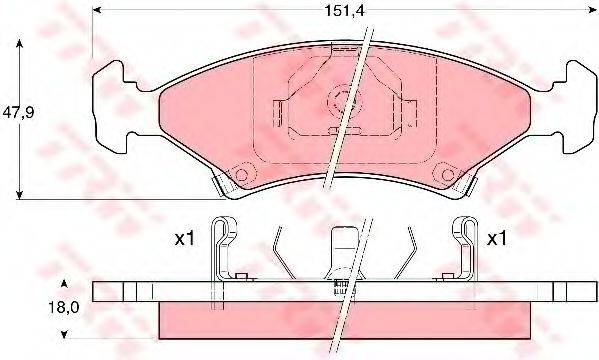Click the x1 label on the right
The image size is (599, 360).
tap(496, 241)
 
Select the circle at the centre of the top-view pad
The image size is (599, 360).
tap(349, 100)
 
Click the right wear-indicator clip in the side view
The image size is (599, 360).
tap(463, 250)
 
